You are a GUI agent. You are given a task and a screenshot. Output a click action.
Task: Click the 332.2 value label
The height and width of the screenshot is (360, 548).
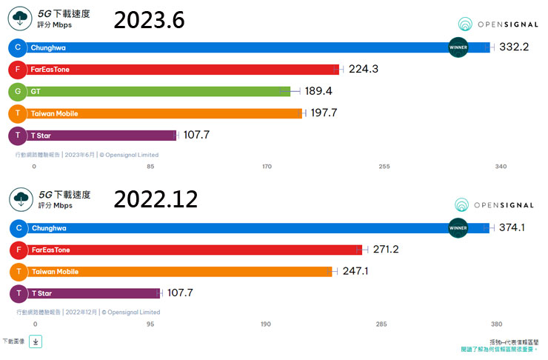pos(515,47)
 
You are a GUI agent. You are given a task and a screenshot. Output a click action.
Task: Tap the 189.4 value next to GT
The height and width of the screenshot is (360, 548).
pos(319,91)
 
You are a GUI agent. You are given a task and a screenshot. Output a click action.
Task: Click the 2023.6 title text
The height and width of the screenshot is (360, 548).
pos(148,20)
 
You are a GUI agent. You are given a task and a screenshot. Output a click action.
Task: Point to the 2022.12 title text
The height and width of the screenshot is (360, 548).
pos(156,199)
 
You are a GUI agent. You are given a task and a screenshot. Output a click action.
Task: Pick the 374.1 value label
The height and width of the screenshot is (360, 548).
pos(512,227)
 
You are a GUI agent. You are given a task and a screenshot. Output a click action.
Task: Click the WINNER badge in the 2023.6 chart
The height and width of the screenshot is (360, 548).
pos(458,47)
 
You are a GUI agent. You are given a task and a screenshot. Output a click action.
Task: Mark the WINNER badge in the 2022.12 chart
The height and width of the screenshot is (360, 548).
pos(458,228)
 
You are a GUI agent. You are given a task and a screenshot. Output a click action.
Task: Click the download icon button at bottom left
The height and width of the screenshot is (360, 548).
pos(36,341)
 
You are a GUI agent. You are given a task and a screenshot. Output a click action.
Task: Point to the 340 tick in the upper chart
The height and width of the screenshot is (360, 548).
pos(501,167)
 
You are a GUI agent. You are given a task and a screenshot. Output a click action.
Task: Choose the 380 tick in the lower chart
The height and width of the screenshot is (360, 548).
pos(497,324)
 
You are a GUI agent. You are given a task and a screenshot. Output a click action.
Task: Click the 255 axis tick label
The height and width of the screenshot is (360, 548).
pos(384,167)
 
